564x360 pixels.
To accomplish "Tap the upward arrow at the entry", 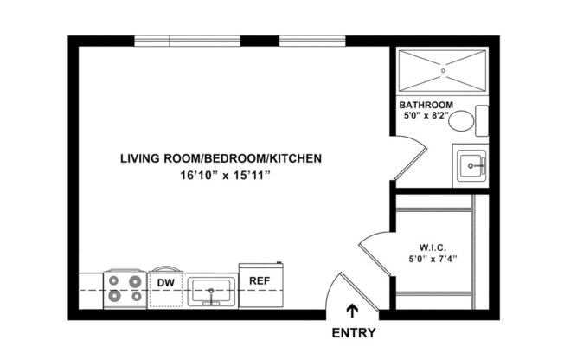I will (x=352, y=312).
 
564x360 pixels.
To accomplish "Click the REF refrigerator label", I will (x=259, y=280).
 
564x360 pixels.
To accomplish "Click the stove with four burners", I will (x=124, y=289).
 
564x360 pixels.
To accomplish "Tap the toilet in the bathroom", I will (x=467, y=120).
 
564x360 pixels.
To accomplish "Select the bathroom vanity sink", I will (x=471, y=164).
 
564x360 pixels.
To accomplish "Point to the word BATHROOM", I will (x=426, y=105).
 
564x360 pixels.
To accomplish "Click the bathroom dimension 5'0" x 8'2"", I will (x=426, y=116).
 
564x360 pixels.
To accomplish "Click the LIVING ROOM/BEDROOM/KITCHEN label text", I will (x=221, y=158).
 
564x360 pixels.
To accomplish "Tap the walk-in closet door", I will (x=374, y=248).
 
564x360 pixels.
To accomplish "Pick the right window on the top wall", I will (x=300, y=41).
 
